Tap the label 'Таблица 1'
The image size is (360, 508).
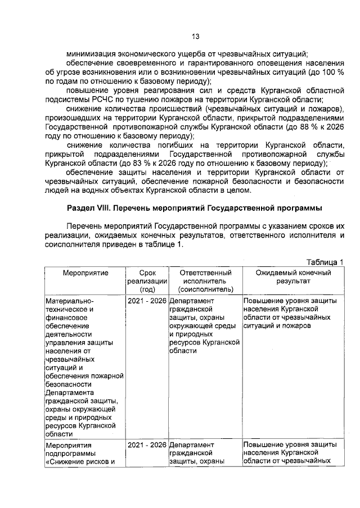pyautogui.click(x=325, y=262)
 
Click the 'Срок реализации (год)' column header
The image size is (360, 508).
pyautogui.click(x=147, y=281)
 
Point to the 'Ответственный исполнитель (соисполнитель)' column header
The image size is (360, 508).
pyautogui.click(x=205, y=281)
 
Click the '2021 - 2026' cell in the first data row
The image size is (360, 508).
pyautogui.click(x=147, y=301)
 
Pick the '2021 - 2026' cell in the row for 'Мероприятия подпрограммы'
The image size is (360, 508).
pyautogui.click(x=147, y=445)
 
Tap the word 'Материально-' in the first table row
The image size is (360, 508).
pyautogui.click(x=66, y=301)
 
